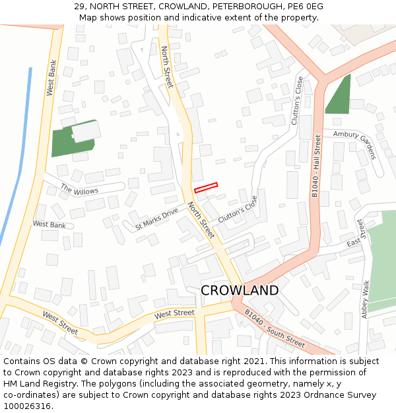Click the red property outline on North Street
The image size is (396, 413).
click(x=206, y=188)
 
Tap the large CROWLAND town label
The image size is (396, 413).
click(x=239, y=291)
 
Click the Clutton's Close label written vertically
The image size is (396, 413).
click(x=298, y=101)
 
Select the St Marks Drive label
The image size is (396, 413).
click(x=156, y=219)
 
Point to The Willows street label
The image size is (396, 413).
click(x=79, y=190)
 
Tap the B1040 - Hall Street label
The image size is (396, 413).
click(x=316, y=166)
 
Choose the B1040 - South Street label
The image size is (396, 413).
click(x=275, y=328)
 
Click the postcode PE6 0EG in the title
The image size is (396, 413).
click(x=305, y=7)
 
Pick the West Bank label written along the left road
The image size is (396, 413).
click(x=51, y=78)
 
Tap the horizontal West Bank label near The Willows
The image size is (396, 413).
click(x=49, y=225)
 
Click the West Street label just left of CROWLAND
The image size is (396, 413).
click(x=174, y=313)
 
